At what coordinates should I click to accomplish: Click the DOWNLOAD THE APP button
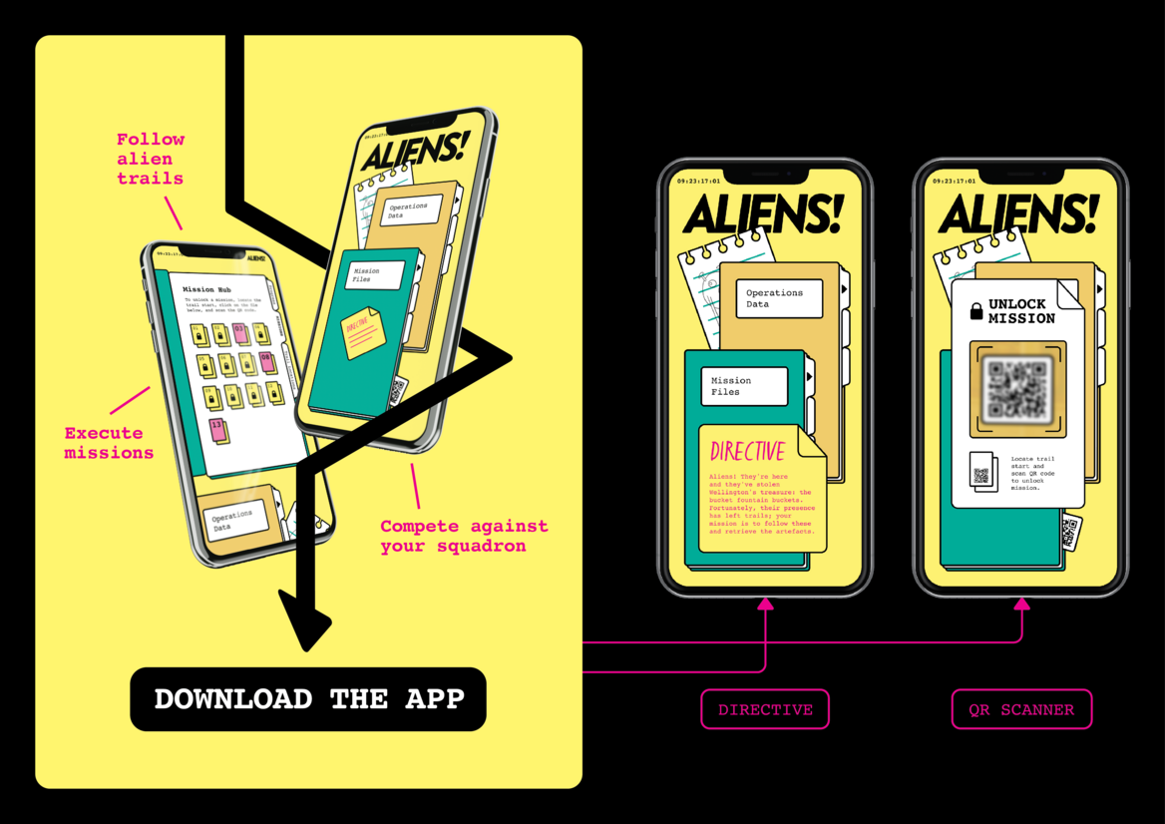coord(308,698)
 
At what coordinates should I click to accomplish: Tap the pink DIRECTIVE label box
coord(765,709)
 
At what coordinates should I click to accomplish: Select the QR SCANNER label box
coord(1021,709)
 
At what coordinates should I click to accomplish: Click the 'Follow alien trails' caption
coord(151,159)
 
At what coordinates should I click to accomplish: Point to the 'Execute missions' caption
coord(109,443)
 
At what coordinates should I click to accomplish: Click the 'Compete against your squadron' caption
coord(464,536)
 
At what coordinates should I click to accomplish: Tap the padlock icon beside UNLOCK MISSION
coord(976,311)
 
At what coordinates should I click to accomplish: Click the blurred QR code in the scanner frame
coord(1017,389)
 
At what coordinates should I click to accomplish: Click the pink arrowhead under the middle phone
coord(765,604)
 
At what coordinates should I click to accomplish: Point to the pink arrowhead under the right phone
coord(1021,604)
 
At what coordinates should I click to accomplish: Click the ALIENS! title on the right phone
coord(1018,214)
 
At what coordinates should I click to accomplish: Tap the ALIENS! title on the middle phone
coord(763,214)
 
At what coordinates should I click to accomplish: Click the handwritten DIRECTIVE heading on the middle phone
coord(748,452)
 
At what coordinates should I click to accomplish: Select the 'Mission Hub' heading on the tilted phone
coord(206,289)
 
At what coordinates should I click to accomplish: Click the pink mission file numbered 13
coord(217,430)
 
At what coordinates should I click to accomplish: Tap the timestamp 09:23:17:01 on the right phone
coord(955,182)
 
